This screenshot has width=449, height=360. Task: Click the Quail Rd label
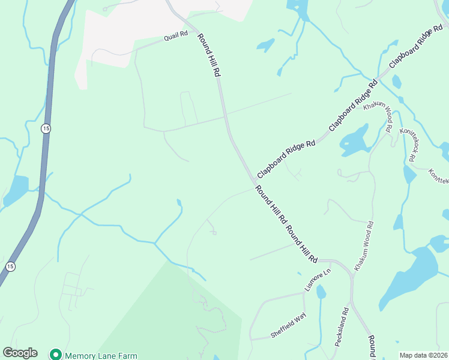click(176, 37)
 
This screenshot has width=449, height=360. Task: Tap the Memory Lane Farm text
click(100, 355)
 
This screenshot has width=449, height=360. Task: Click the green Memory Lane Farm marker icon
click(56, 355)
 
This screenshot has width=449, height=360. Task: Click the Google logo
click(20, 353)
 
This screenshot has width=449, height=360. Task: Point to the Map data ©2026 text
click(424, 355)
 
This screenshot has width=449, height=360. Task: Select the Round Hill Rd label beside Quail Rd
click(209, 54)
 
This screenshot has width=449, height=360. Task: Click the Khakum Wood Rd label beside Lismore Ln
click(364, 246)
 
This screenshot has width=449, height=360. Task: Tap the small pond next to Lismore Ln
click(321, 292)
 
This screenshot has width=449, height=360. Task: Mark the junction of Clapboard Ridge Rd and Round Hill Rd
click(255, 181)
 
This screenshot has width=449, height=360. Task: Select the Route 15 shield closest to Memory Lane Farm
click(10, 266)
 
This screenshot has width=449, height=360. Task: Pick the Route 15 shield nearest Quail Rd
click(46, 129)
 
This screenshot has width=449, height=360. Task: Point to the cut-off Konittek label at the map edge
click(439, 176)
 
